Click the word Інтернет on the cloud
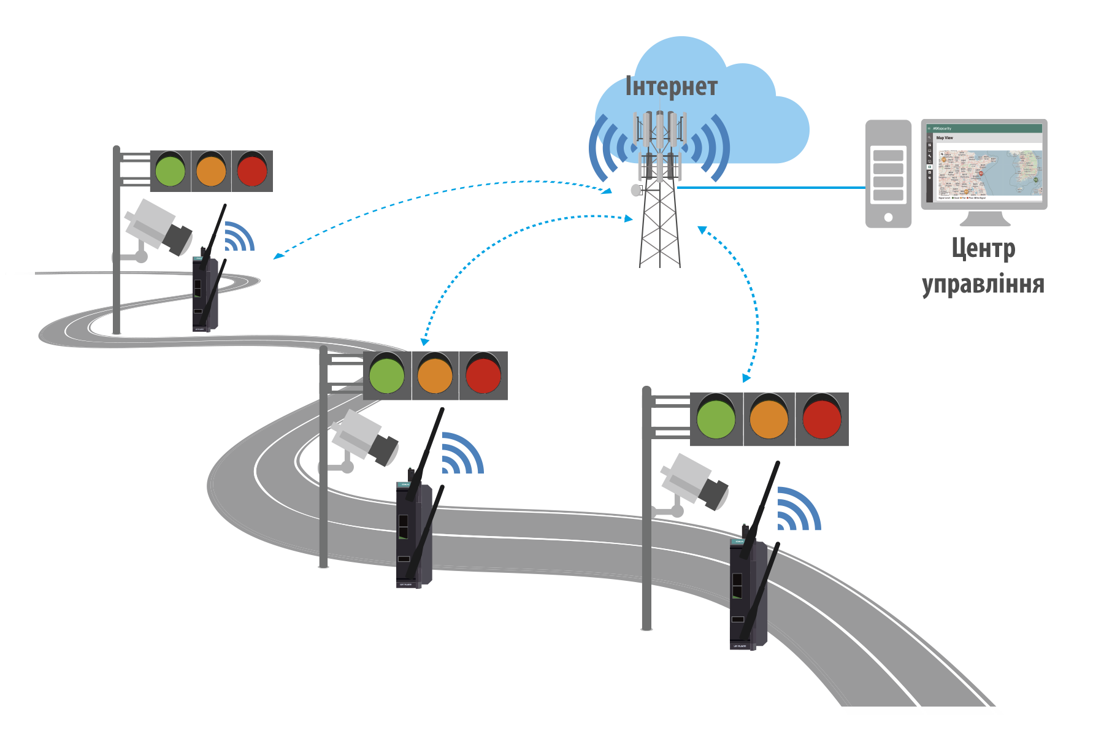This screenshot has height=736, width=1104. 671,86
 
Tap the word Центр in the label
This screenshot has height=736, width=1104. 983,250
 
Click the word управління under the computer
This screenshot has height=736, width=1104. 983,284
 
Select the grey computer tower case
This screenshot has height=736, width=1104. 887,174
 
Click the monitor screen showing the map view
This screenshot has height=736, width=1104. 984,164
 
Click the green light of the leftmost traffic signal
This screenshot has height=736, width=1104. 170,170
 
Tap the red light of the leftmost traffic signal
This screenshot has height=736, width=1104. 252,170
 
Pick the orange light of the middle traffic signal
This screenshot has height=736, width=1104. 435,375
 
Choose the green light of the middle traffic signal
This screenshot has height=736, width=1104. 387,375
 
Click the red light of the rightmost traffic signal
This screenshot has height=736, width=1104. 822,419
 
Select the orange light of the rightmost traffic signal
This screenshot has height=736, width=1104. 769,419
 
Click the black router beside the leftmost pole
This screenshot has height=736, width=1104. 205,294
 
